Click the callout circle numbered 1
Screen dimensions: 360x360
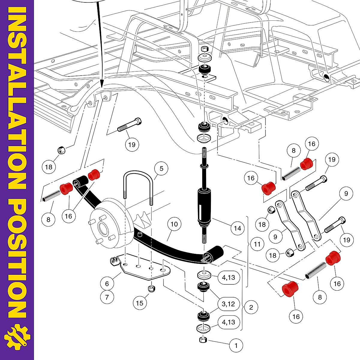point(236,346)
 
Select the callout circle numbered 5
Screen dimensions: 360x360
point(161,169)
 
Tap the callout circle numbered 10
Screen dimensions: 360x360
point(174,224)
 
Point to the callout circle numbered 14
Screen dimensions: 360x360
point(237,229)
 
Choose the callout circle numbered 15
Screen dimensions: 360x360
point(140,303)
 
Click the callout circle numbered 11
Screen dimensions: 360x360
point(257,244)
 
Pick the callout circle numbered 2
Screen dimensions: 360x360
point(251,307)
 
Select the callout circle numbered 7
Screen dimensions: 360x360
point(107,297)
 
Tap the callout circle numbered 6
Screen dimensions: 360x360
point(107,283)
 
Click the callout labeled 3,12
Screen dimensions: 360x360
point(228,304)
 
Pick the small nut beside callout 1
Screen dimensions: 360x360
point(203,340)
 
